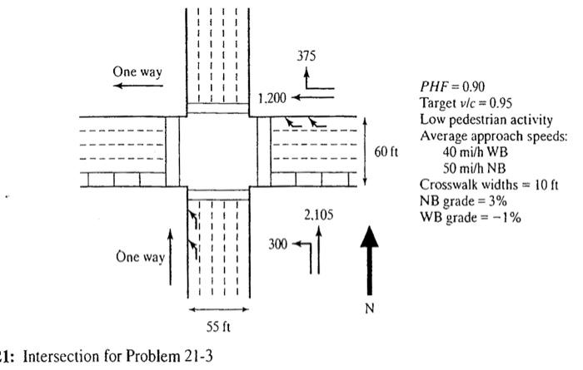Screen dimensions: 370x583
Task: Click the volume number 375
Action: point(306,55)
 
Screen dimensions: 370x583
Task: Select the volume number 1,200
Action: point(272,98)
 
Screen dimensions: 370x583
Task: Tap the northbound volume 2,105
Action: point(318,215)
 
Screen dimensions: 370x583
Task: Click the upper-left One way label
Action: point(137,72)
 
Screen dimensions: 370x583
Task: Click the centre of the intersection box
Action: point(217,152)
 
